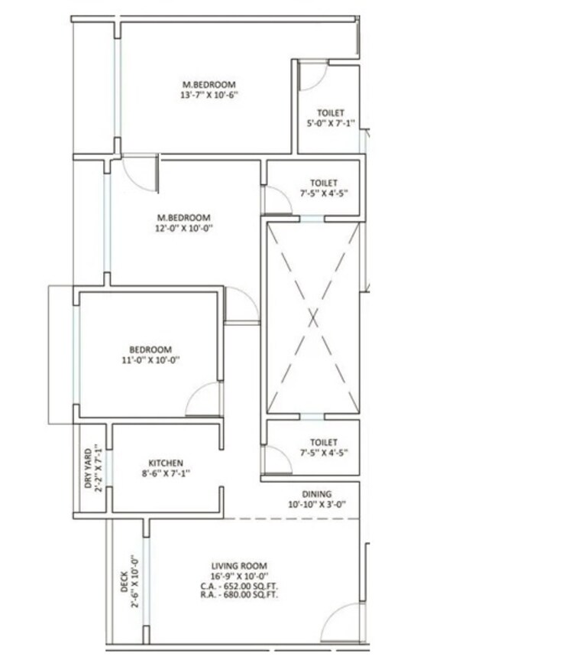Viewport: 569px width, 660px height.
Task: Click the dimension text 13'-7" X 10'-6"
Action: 209,96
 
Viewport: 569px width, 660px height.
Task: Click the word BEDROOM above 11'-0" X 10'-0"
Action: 150,350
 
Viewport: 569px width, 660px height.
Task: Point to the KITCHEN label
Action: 165,463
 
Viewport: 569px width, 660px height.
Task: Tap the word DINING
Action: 315,495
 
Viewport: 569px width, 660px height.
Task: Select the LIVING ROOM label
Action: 239,566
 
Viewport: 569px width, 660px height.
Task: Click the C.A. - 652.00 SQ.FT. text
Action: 239,584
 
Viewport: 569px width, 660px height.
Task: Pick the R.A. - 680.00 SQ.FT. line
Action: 239,593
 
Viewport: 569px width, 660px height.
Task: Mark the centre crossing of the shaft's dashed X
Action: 312,316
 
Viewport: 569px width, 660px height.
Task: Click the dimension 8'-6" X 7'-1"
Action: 165,473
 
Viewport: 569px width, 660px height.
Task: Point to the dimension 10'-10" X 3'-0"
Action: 315,505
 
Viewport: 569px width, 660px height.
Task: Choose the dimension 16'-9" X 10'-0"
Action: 239,575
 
